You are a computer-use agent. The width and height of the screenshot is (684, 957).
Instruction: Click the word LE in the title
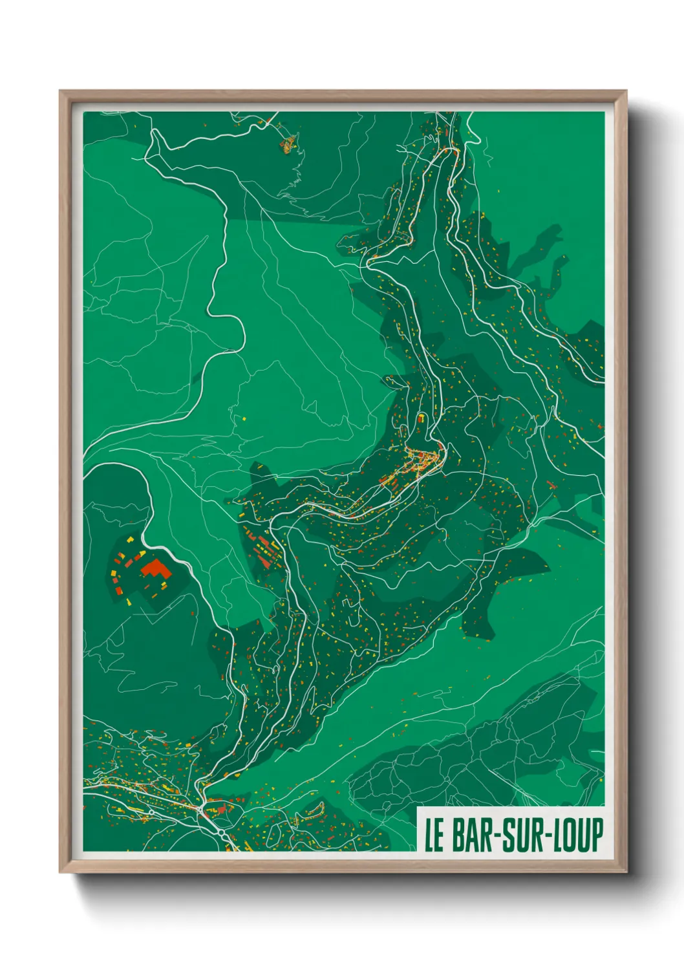point(434,835)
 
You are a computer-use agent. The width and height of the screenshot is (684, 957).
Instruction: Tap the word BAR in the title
point(473,835)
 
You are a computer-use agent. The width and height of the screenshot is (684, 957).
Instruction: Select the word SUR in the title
point(526,835)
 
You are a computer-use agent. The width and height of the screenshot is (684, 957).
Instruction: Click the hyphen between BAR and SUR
point(499,835)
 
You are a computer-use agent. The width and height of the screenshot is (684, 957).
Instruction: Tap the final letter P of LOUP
point(597,835)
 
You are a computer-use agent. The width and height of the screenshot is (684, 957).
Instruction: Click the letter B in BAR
point(458,835)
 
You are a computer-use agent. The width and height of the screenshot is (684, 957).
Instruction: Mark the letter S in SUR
point(512,835)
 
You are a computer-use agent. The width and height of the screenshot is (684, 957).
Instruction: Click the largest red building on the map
point(156,570)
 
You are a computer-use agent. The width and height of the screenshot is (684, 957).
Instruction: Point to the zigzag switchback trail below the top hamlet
point(294,181)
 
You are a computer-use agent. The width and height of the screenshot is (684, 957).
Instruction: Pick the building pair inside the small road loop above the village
point(422,418)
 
